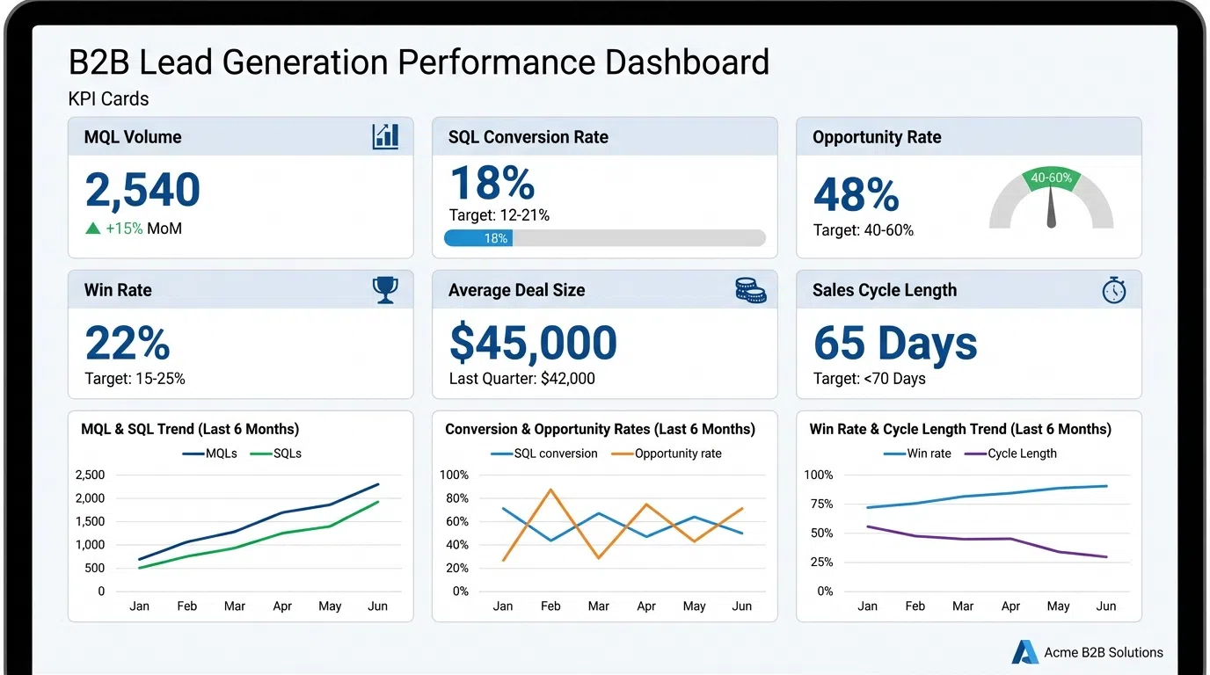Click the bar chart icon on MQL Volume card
385,136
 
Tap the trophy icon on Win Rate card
385,289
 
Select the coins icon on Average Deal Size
750,290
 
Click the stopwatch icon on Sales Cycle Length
1114,290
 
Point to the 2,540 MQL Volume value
142,190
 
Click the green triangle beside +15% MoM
92,229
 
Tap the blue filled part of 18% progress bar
478,238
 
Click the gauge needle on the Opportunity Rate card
1051,208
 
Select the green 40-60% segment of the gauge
1051,178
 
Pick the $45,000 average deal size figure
533,343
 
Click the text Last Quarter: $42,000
521,379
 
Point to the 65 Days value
895,343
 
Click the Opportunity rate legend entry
665,454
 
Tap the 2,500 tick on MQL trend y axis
90,475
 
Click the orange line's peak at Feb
550,490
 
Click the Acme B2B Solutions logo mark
1024,652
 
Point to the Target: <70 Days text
869,379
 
